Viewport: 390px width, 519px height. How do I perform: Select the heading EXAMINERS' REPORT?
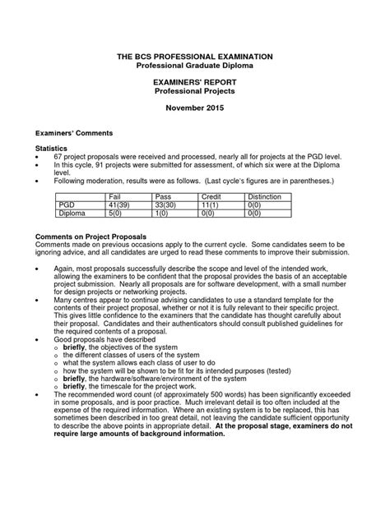point(195,84)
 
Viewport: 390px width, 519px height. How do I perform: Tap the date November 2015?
point(195,108)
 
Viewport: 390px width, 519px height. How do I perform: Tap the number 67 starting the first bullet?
point(59,155)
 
